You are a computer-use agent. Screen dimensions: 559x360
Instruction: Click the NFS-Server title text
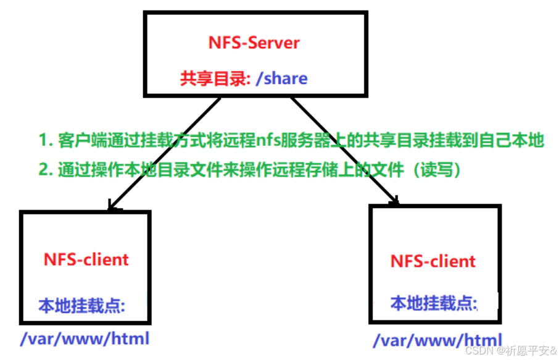point(254,43)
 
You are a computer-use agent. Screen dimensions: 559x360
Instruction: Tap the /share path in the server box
point(281,78)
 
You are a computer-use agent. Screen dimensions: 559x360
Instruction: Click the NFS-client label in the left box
point(86,259)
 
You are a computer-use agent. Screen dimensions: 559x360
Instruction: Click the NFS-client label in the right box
point(433,261)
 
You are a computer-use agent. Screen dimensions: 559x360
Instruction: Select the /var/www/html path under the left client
point(85,338)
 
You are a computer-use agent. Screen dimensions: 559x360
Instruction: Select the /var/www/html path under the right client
point(437,340)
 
